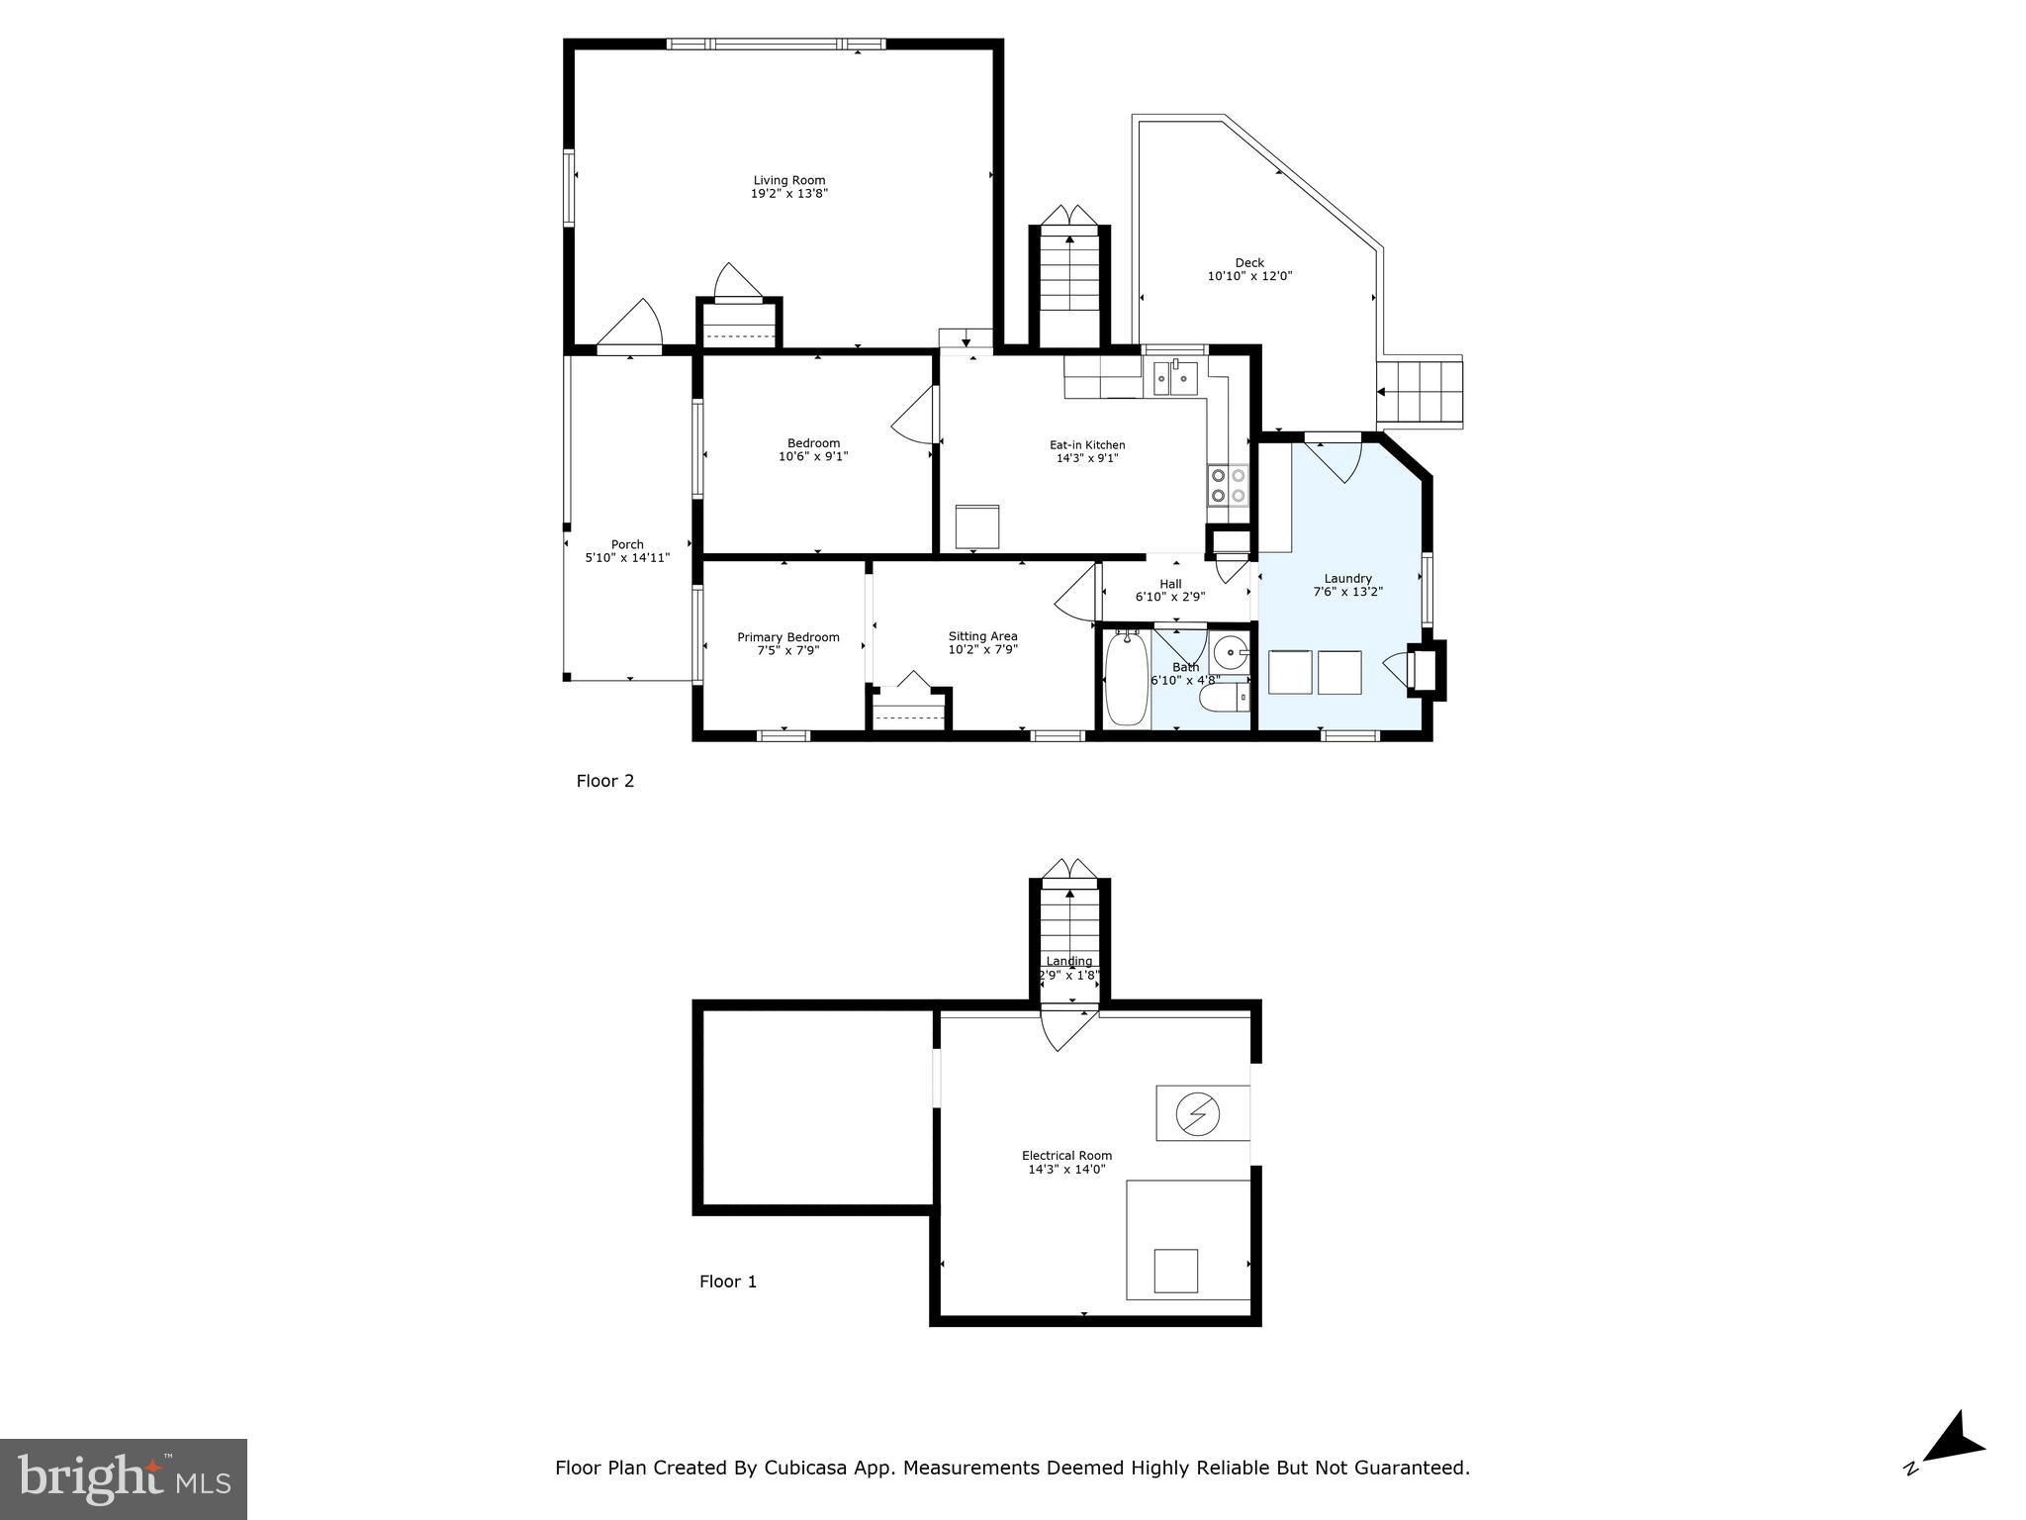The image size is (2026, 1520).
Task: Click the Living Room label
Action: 788,180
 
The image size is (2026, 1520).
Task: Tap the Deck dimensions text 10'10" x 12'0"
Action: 1249,276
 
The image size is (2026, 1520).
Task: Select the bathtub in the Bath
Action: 1125,679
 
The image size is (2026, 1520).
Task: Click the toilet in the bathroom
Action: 1224,700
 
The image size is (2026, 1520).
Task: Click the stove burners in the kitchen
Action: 1229,485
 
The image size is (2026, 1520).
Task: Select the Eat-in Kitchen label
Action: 1087,444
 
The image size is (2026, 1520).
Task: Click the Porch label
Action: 627,544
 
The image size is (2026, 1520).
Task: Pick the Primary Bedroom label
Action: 787,637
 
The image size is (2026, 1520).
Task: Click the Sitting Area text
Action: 982,636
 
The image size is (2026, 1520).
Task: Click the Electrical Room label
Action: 1066,1155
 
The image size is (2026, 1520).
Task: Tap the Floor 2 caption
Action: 604,781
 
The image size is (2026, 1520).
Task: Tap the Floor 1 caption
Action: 727,1282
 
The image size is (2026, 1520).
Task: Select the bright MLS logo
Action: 124,1478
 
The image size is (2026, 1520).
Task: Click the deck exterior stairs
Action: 1421,392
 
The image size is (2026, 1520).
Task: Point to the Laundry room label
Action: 1347,578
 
